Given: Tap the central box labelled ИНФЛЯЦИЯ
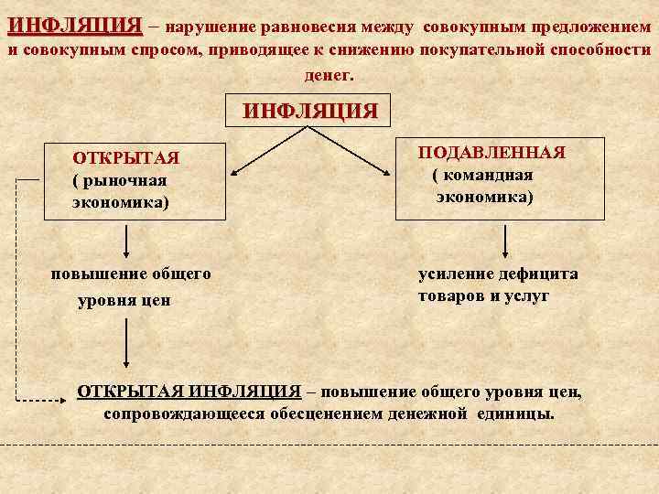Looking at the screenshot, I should pos(310,112).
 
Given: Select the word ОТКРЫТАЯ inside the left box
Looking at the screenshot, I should pos(125,158).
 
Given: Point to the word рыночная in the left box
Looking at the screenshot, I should pos(124,180).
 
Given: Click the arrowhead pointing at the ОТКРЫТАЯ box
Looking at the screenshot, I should pos(233,171).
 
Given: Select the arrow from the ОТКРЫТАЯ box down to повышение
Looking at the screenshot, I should pos(125,240).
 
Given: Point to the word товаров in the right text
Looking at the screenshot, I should pos(454,296).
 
